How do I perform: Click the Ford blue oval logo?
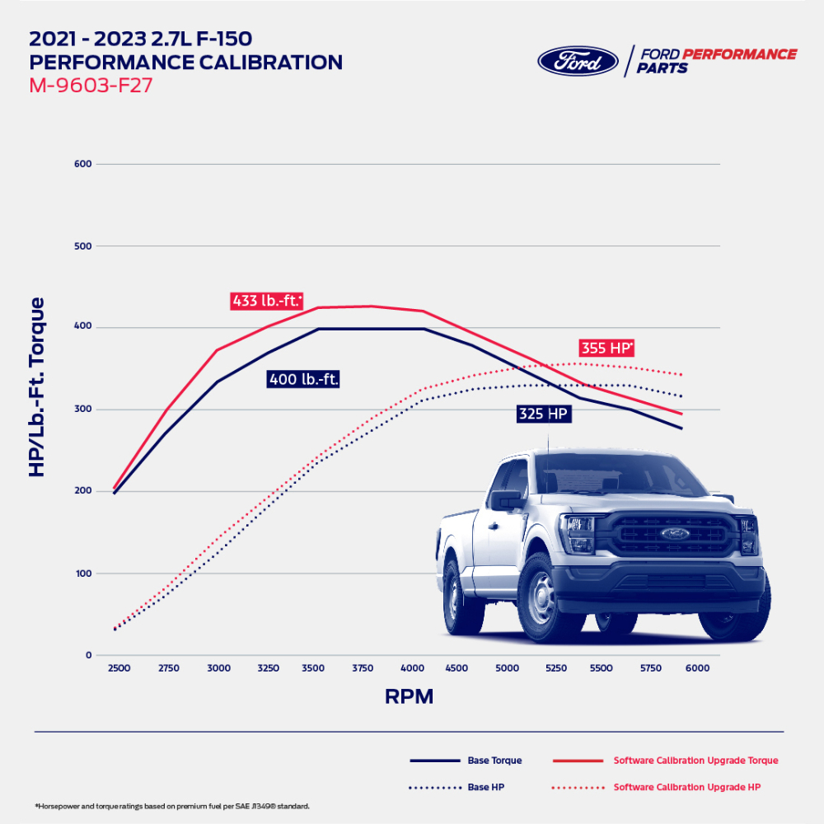(578, 61)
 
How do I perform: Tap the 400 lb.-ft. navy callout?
(304, 380)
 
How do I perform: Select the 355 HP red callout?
(606, 348)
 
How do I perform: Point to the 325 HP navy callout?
(544, 414)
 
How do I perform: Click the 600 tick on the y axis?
(82, 164)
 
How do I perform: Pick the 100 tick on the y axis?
(82, 574)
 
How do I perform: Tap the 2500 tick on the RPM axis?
(119, 668)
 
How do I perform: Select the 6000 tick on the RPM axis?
(698, 668)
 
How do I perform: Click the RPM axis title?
(409, 697)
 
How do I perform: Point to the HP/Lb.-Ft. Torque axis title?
(38, 386)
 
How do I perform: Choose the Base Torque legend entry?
(466, 761)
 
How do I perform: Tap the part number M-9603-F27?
(91, 85)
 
